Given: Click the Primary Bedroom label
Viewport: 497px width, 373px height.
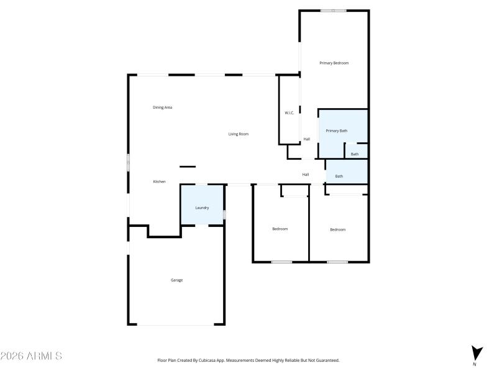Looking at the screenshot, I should pos(334,63).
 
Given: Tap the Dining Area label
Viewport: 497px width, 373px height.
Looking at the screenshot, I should pos(162,108).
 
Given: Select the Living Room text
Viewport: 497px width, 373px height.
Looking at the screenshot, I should pos(238,134).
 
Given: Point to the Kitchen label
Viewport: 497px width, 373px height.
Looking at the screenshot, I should pos(159,182).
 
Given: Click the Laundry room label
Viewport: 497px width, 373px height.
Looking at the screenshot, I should pos(202,208).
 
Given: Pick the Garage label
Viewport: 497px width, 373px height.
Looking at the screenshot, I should pos(176,280).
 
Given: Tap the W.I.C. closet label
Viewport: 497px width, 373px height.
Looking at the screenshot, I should pos(289,113).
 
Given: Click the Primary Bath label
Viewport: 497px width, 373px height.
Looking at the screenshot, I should pos(337,131).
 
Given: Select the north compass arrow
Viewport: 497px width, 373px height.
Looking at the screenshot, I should pos(476,352).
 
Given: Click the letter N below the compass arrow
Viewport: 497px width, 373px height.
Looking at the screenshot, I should pos(475,364).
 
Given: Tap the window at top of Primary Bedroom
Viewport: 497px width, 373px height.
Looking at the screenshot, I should pos(334,11).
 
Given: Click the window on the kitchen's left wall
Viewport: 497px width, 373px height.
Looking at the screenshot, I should pos(129,162).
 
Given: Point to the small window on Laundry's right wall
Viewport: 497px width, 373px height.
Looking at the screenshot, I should pos(224,214).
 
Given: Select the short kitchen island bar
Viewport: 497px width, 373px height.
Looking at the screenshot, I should pos(188,166).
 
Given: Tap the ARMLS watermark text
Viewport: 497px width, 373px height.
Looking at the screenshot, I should pos(31,356).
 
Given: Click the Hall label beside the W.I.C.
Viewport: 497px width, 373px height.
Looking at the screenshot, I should pos(306,139).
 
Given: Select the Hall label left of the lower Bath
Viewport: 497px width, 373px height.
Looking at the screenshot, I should pos(306,175).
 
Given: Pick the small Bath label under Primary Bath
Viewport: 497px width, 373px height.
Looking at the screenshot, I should pos(354,154).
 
